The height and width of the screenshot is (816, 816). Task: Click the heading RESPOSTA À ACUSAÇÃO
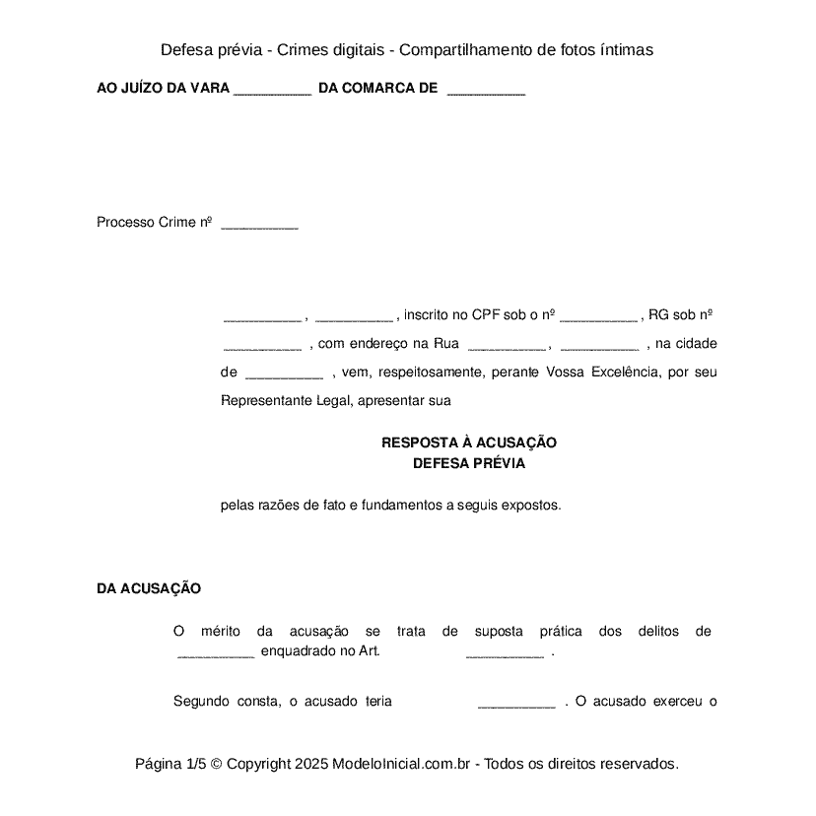468,442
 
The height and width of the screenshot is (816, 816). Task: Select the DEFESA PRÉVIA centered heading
468,463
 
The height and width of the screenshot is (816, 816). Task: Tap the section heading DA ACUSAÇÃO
149,588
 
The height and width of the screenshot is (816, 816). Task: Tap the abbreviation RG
659,315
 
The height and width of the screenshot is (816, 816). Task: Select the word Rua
446,344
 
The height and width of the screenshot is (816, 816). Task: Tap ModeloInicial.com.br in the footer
404,764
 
